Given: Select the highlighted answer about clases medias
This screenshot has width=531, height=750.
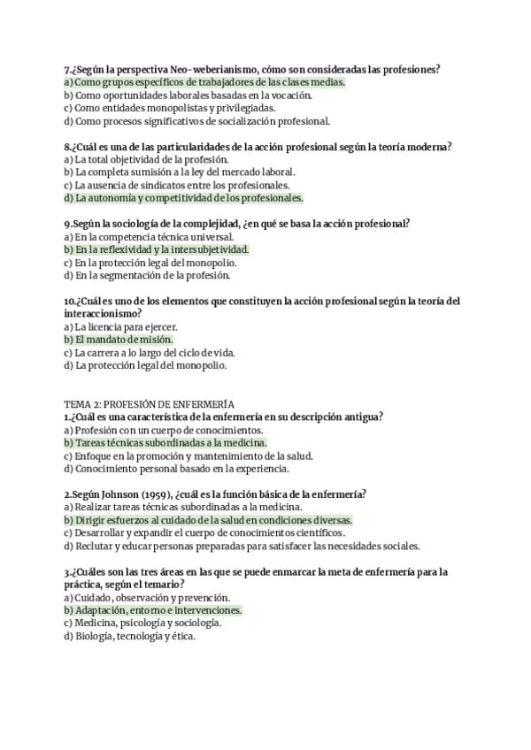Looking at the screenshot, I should tap(204, 82).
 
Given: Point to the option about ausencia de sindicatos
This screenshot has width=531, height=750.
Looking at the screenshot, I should tap(177, 185).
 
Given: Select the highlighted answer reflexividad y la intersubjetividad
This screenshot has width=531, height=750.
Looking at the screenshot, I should tap(157, 249).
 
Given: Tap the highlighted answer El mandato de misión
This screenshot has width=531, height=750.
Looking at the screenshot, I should tap(119, 339).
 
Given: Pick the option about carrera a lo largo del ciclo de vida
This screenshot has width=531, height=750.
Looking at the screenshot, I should tap(150, 352).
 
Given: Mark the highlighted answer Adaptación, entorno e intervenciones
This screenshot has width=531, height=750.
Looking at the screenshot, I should tap(153, 610).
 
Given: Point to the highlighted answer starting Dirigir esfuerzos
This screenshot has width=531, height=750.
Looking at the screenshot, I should tap(208, 520).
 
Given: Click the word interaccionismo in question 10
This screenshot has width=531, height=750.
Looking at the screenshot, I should tap(102, 313).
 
